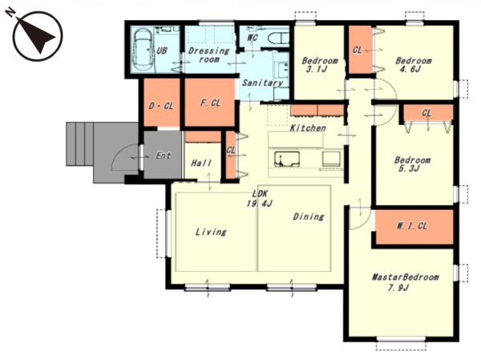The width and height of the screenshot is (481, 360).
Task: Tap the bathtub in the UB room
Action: pyautogui.click(x=143, y=49)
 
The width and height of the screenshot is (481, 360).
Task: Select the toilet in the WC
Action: pyautogui.click(x=277, y=39)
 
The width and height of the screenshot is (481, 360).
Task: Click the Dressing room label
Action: pyautogui.click(x=209, y=55)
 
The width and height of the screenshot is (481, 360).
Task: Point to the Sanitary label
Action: pyautogui.click(x=263, y=83)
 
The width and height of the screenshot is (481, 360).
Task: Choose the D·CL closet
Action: pyautogui.click(x=162, y=102)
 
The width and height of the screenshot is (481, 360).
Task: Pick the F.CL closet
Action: pyautogui.click(x=210, y=102)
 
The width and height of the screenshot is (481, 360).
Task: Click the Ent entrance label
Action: pyautogui.click(x=163, y=156)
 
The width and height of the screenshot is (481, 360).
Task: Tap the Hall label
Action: pyautogui.click(x=201, y=163)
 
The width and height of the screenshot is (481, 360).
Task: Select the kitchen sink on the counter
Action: pyautogui.click(x=287, y=160)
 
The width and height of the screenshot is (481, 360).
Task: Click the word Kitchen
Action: pyautogui.click(x=308, y=127)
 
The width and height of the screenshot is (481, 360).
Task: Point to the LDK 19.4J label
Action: pyautogui.click(x=260, y=198)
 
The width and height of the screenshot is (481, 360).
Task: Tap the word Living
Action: pyautogui.click(x=211, y=232)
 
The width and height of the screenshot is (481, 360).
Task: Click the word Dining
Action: pyautogui.click(x=309, y=216)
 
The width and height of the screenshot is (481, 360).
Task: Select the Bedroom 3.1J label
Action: pyautogui.click(x=320, y=64)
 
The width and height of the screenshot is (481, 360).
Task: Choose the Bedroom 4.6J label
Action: pyautogui.click(x=413, y=64)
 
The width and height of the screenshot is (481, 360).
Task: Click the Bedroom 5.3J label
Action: pyautogui.click(x=412, y=164)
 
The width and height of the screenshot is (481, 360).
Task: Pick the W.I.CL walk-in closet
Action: pyautogui.click(x=414, y=227)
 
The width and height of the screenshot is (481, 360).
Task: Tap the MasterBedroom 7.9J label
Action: pyautogui.click(x=405, y=282)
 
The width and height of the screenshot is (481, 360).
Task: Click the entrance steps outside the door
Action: pyautogui.click(x=79, y=144)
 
